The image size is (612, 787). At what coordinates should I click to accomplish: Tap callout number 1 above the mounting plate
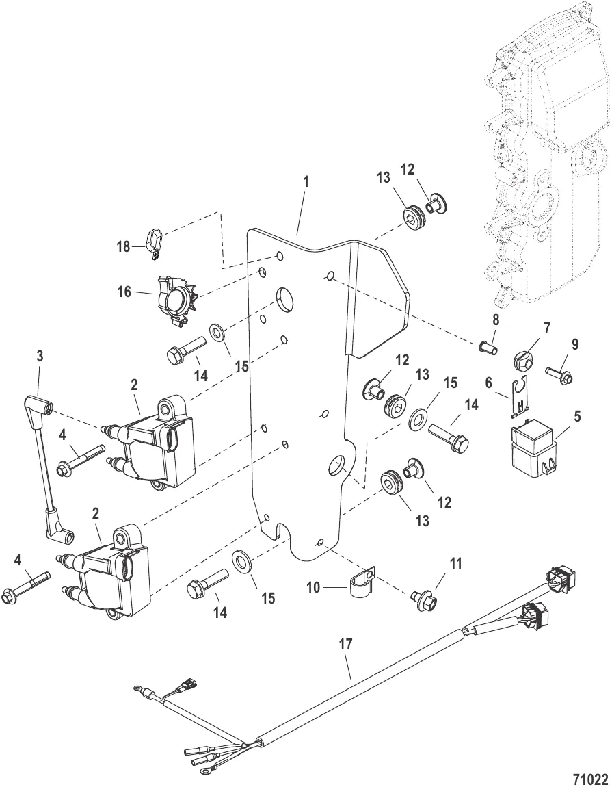306,183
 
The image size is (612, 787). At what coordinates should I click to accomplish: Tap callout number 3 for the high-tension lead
40,357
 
